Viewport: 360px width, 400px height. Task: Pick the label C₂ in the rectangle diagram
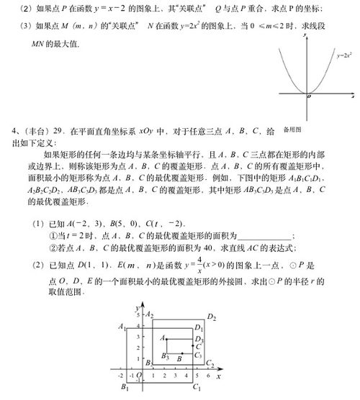[210, 363]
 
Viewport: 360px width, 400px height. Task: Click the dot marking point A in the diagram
[166, 338]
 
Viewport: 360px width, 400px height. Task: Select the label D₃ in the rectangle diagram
[199, 340]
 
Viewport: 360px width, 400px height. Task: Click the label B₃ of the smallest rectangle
[165, 358]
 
